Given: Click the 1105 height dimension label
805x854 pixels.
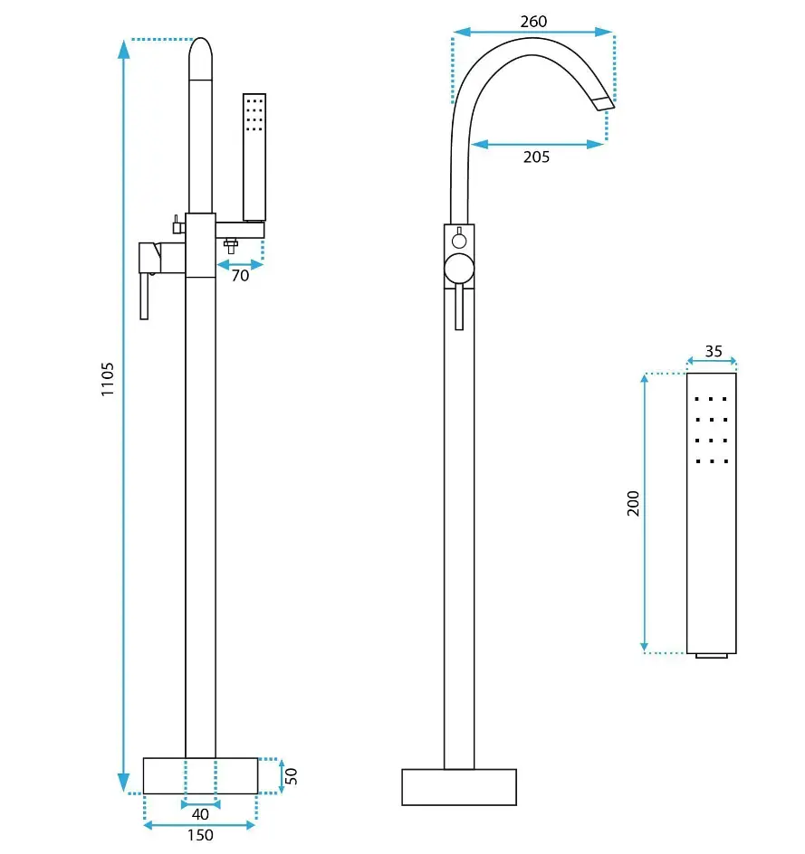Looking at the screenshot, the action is [x=108, y=379].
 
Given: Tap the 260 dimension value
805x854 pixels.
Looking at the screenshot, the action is [x=533, y=21].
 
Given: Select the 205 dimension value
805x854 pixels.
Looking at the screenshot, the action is [x=536, y=157].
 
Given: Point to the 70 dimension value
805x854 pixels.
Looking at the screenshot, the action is [x=240, y=276].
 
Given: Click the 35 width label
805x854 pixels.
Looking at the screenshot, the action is [x=714, y=351].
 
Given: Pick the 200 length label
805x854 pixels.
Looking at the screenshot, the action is [x=633, y=503].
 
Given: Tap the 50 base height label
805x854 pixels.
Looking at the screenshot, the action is [x=291, y=775].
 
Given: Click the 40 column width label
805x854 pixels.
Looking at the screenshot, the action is [x=200, y=814].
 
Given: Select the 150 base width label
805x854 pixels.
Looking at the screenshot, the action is [x=200, y=835].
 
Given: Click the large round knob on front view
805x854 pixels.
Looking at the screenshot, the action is [x=459, y=269].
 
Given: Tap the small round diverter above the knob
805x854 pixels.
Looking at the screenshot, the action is [x=459, y=241].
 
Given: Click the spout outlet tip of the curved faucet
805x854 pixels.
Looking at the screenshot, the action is [x=603, y=103].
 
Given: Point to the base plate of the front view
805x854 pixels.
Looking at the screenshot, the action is [x=459, y=787].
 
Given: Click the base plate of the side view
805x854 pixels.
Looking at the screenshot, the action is [x=200, y=775].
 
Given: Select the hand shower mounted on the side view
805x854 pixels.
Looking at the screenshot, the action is [x=254, y=157].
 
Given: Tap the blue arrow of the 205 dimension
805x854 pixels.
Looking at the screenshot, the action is [x=537, y=145].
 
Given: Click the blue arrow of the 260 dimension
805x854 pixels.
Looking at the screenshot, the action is [x=533, y=33].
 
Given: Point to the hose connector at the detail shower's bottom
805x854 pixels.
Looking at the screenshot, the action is [x=711, y=656].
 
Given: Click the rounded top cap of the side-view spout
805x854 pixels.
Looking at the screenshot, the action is [x=200, y=58].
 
